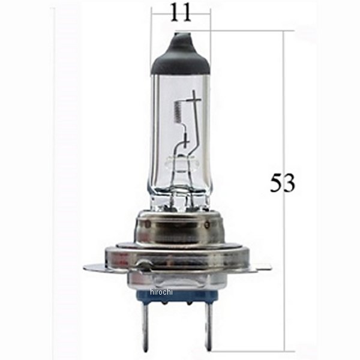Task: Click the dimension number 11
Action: click(x=181, y=12)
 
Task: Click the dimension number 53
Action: click(x=282, y=183)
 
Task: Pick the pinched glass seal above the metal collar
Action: click(x=179, y=192)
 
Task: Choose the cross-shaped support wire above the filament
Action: click(x=193, y=96)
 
